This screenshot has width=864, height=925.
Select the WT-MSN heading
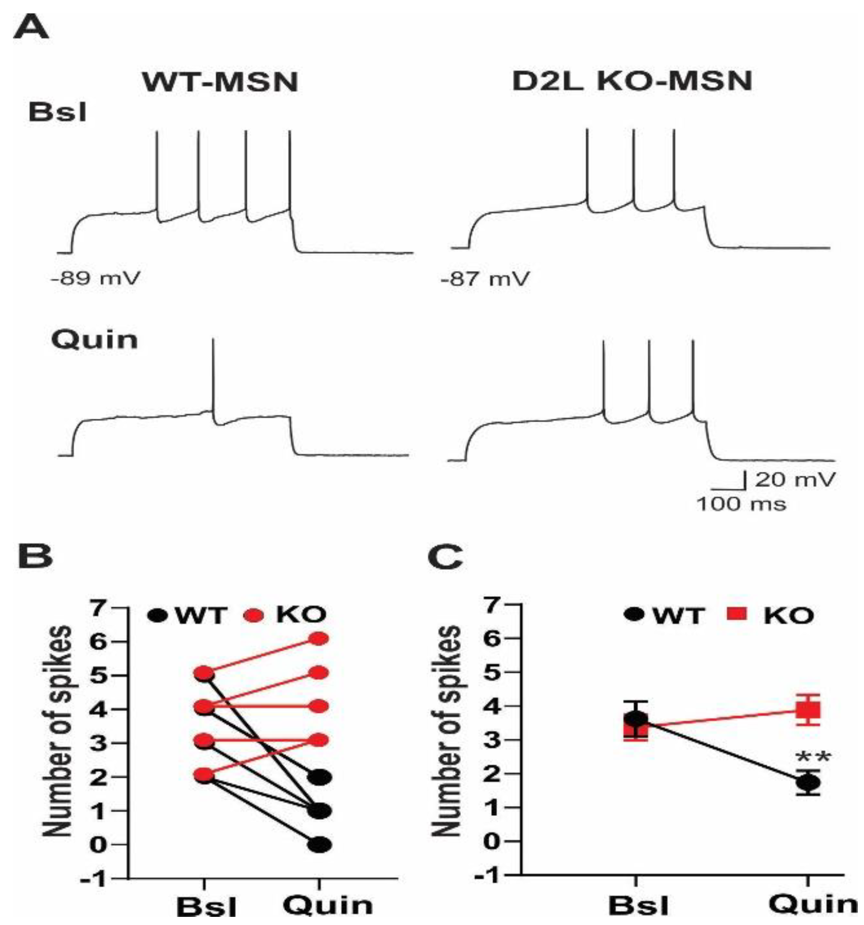coord(220,82)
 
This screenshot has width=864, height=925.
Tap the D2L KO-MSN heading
coord(632,81)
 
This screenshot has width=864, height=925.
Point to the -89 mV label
coord(96,278)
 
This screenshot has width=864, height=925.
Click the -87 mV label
coord(485,278)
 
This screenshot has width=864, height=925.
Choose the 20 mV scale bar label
coord(795,479)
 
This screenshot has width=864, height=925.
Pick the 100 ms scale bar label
coord(741,503)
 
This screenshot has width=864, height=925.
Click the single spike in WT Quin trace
coord(213,378)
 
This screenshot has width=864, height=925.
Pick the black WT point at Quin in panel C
coord(808,783)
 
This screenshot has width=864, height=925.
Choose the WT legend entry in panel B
coord(186,615)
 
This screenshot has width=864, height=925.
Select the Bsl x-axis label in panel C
coord(638,906)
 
